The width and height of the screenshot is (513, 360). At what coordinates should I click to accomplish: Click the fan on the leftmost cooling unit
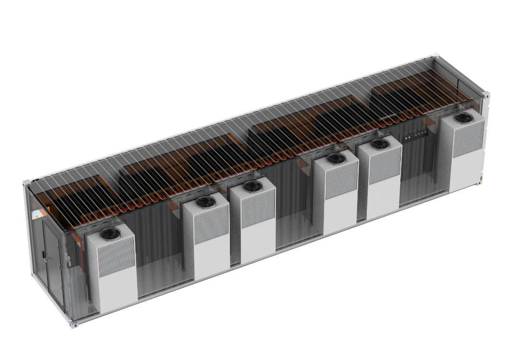(109, 233)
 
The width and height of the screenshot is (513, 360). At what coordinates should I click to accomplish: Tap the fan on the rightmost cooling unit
(461, 118)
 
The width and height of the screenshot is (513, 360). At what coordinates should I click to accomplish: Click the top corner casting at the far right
(486, 95)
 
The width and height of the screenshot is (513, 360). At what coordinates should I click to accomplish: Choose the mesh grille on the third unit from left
(258, 209)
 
